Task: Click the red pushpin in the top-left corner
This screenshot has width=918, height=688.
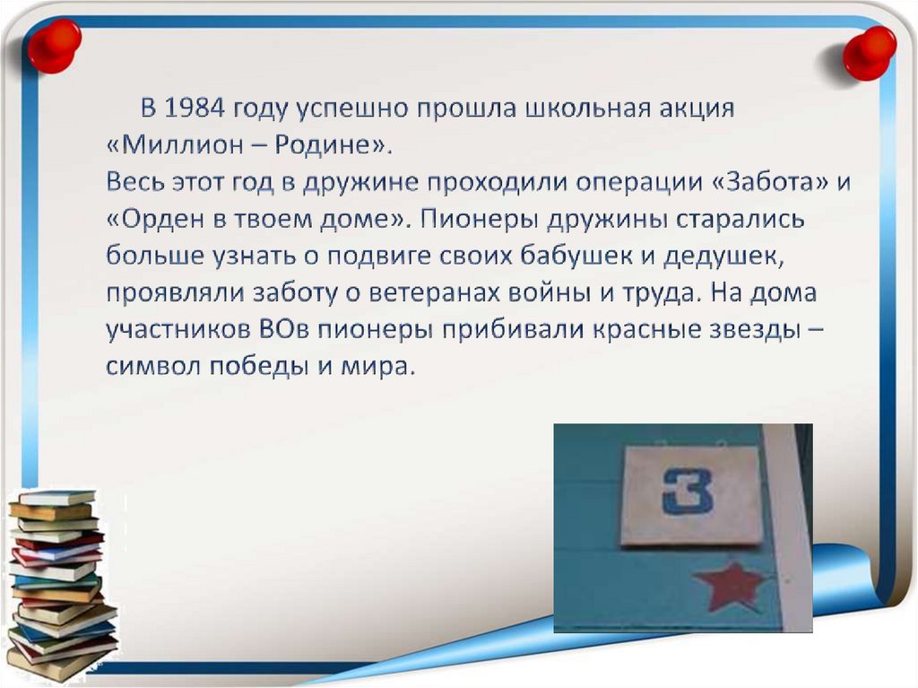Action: point(54,45)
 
